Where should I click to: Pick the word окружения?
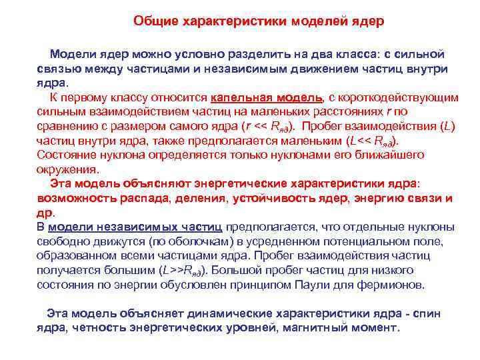tap(67, 169)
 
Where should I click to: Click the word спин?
tap(427, 314)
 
